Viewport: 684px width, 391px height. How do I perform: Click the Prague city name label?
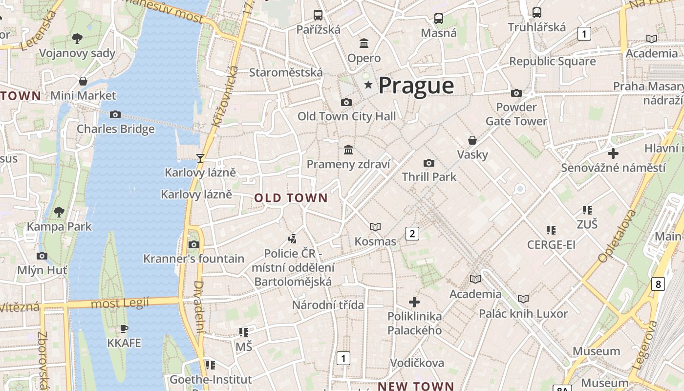416,86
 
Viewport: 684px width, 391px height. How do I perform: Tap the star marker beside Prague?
368,86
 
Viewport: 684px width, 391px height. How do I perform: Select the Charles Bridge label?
116,129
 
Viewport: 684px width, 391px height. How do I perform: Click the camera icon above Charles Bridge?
115,115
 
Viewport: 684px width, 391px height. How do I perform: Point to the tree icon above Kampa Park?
59,212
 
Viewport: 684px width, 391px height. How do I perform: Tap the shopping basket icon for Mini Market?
83,81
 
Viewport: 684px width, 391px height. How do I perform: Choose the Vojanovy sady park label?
77,53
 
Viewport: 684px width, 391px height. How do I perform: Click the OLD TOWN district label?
291,198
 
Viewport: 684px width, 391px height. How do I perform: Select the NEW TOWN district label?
416,386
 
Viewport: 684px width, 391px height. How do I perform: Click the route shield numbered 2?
412,234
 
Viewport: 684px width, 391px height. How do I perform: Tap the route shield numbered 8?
658,283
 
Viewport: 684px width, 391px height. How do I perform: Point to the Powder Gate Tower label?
516,114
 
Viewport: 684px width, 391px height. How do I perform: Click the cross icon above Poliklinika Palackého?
414,302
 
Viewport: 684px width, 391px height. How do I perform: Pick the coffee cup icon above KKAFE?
124,328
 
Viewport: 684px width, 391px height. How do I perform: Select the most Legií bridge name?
120,304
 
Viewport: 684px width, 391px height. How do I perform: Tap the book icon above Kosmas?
375,227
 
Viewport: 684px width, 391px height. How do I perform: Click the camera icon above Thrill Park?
429,163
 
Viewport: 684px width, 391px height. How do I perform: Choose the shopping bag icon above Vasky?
472,141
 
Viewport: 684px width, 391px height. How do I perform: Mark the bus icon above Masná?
439,19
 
